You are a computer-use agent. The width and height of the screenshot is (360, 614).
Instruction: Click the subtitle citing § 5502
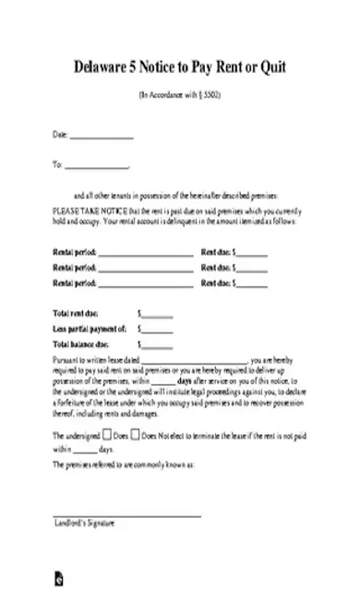[x=180, y=95]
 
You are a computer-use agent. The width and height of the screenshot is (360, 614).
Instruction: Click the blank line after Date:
[x=102, y=138]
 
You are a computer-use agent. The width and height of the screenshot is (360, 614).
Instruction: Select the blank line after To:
[x=97, y=167]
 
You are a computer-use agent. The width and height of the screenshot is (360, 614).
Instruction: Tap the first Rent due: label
[x=215, y=252]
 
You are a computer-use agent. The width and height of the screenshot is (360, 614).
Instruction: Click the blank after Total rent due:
[x=157, y=315]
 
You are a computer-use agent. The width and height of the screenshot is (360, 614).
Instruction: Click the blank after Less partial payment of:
[x=157, y=329]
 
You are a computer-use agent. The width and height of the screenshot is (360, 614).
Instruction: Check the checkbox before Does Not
[x=136, y=433]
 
